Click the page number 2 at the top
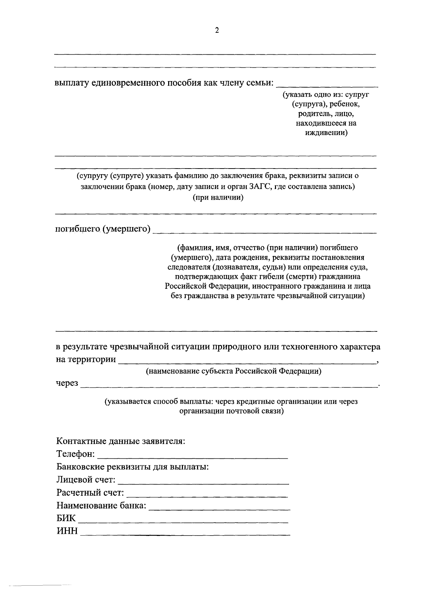217,31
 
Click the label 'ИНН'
67,531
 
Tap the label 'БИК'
66,518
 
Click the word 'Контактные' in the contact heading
77,441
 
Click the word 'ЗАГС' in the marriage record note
259,187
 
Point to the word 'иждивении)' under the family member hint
326,133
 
